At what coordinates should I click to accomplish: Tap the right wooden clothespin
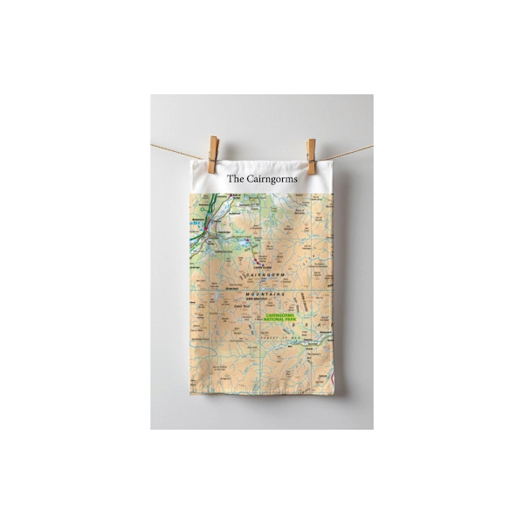311,155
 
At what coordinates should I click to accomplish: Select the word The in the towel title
235,178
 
